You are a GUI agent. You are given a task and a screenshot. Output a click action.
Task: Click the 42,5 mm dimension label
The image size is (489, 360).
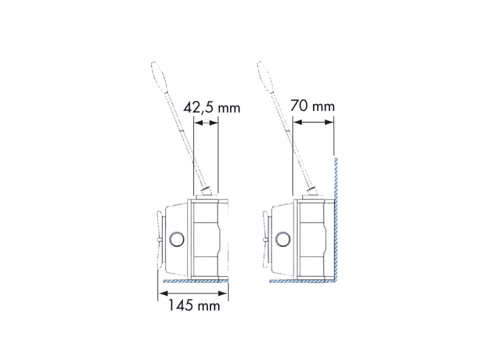pos(212,108)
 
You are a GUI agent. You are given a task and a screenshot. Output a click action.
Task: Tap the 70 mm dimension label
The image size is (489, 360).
pos(312,106)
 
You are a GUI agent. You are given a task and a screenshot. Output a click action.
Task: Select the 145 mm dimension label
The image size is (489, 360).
pos(194,305)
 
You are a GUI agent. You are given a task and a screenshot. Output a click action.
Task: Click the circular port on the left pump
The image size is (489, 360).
pos(177,239)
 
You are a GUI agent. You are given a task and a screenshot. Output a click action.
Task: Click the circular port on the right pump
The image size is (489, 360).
pos(283,239)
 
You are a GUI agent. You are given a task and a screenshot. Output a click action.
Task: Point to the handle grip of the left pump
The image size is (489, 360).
pos(160,76)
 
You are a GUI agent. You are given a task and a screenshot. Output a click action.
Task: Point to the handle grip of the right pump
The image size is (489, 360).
pos(266,76)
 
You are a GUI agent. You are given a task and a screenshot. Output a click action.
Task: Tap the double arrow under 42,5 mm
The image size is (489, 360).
pos(206,123)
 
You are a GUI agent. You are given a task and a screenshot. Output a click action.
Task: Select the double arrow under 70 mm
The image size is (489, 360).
pos(313,122)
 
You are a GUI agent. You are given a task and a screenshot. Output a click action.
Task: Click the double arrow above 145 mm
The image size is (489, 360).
pos(193,293)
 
